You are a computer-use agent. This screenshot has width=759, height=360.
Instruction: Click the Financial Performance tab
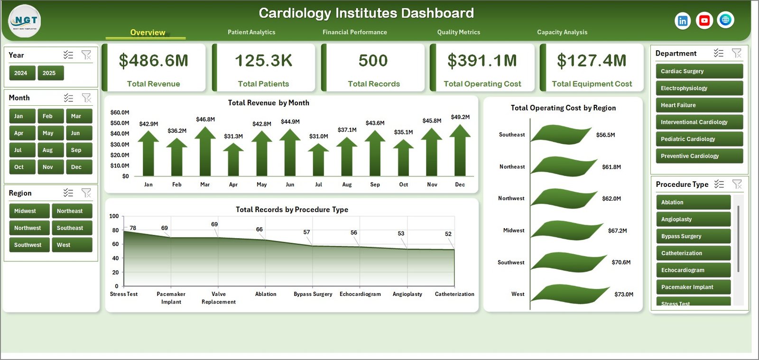tap(354, 32)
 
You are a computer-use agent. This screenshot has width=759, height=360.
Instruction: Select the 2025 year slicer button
tap(49, 73)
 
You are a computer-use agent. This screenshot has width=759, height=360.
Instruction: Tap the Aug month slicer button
tap(48, 150)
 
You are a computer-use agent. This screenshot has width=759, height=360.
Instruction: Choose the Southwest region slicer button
tap(28, 245)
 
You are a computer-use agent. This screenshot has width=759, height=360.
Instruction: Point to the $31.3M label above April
tap(233, 136)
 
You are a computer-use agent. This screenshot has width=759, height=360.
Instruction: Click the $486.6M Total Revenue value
tap(153, 61)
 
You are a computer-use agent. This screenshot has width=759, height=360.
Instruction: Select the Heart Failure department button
tap(699, 105)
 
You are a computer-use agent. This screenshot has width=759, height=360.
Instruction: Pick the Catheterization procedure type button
tap(693, 253)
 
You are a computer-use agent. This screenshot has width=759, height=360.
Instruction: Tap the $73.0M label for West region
tap(623, 295)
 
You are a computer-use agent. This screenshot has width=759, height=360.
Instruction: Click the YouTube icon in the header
tap(704, 20)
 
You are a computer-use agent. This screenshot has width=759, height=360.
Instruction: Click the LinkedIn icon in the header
tap(682, 20)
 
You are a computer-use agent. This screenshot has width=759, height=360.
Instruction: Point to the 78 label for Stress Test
tap(133, 228)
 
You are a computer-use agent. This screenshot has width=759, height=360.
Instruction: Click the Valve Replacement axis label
tap(219, 298)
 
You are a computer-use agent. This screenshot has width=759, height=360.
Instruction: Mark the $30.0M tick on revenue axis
tap(120, 144)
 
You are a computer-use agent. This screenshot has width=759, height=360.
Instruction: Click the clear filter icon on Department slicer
tap(736, 53)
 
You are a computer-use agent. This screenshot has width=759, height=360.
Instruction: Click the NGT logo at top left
tap(25, 21)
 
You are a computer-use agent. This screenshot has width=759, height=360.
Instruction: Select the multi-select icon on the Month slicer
tap(69, 98)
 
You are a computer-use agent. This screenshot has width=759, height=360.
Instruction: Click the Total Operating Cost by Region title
tap(563, 108)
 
